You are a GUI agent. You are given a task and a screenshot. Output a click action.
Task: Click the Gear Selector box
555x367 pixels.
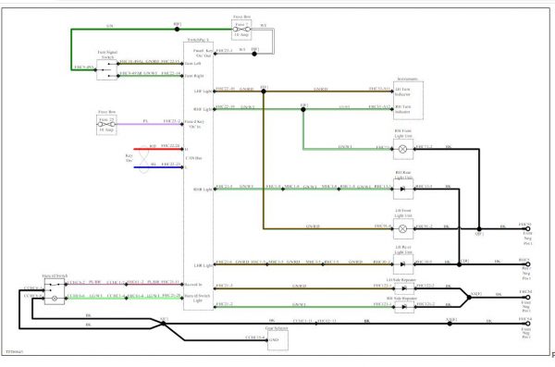tap(278, 338)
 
